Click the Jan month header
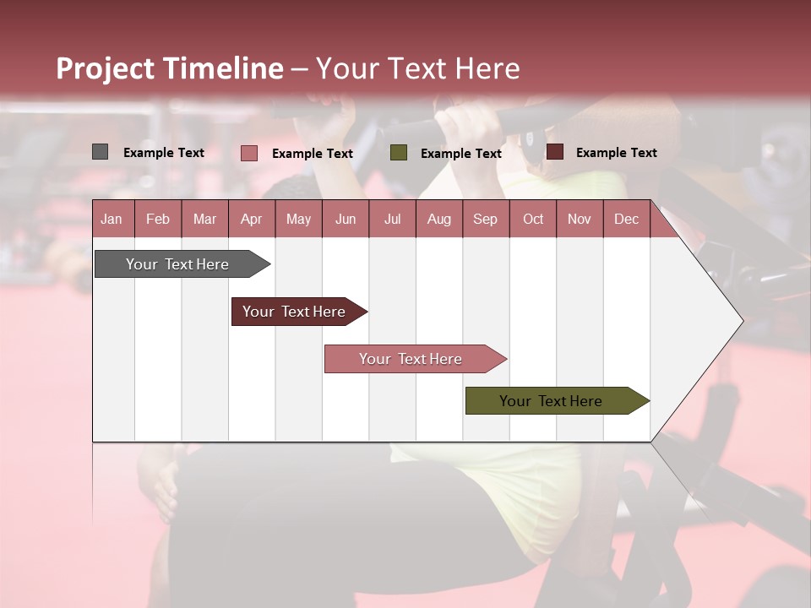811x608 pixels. point(112,220)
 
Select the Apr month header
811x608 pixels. point(251,220)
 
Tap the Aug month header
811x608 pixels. point(438,220)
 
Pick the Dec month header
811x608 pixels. point(626,220)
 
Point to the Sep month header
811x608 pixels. point(485,220)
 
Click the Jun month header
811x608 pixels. point(345,220)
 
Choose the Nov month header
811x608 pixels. point(579,220)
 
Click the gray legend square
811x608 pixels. point(101,152)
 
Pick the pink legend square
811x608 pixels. point(249,153)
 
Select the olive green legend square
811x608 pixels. point(399,153)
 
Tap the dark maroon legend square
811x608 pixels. point(555,152)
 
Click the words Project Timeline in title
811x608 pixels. point(169,68)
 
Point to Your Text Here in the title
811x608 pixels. point(418,68)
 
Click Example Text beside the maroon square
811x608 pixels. point(616,153)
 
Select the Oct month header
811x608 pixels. point(533,220)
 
